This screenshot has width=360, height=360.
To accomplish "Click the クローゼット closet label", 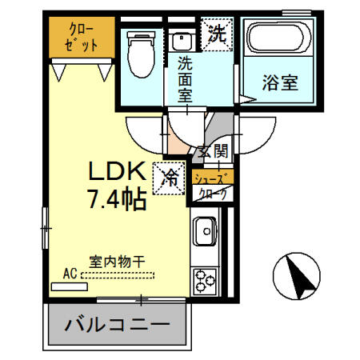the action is [x=82, y=38].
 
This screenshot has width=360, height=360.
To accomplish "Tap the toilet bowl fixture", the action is [x=142, y=54].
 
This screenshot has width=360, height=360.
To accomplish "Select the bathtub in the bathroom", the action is [x=279, y=38].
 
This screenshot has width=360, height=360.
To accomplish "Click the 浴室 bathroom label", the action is [x=280, y=82].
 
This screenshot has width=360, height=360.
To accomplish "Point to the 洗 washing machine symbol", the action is [x=217, y=34].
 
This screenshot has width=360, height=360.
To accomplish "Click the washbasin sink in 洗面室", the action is [x=182, y=42].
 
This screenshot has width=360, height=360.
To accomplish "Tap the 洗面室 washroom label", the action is [x=186, y=79].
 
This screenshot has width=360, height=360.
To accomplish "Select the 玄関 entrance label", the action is [x=214, y=152].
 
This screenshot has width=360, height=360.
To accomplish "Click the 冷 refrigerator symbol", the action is [x=169, y=178].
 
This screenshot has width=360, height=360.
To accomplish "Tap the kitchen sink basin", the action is [x=205, y=231].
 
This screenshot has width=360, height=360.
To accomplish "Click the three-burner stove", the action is [x=205, y=282].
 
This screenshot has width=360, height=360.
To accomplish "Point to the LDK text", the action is [x=118, y=171].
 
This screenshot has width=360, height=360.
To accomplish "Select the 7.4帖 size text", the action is [x=118, y=199].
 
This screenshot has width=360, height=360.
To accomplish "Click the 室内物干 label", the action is [x=117, y=262].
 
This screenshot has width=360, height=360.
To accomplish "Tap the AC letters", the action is [x=70, y=274].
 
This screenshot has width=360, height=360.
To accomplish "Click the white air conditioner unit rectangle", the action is [x=70, y=286].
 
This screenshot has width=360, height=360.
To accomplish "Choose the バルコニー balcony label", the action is [x=118, y=325].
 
